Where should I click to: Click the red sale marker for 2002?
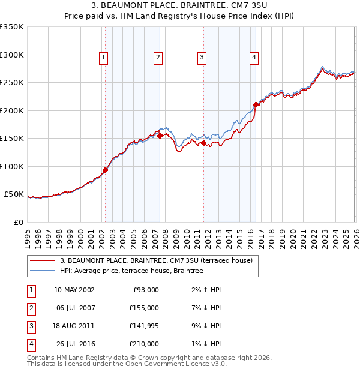click(105, 170)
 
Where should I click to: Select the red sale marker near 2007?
click(160, 136)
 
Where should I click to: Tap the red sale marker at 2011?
click(203, 143)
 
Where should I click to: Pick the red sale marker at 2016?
click(256, 104)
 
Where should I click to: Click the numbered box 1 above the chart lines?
click(103, 58)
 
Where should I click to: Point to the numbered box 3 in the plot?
click(202, 58)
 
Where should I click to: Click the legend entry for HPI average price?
click(131, 271)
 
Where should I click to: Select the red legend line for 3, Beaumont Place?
click(43, 260)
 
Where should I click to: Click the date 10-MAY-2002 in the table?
click(74, 290)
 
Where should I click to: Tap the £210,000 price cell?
click(144, 344)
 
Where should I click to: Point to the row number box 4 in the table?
click(30, 344)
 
